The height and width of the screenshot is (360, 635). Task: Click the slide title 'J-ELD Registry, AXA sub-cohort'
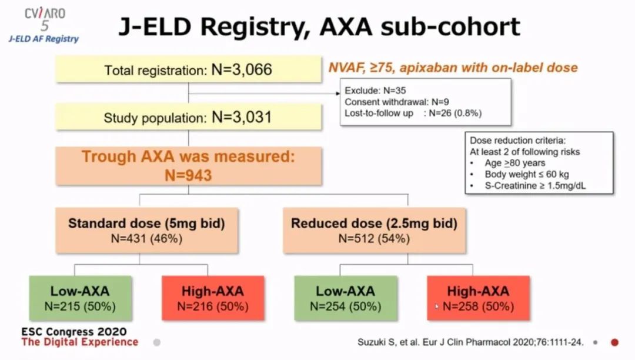pyautogui.click(x=319, y=26)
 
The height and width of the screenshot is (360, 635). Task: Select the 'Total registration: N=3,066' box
pyautogui.click(x=189, y=69)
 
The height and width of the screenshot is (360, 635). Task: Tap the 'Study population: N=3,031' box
pyautogui.click(x=189, y=117)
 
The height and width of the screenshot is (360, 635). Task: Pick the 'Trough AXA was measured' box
pyautogui.click(x=189, y=166)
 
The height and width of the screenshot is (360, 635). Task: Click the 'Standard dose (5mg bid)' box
pyautogui.click(x=146, y=231)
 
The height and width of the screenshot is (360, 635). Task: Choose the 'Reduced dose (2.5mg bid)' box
pyautogui.click(x=374, y=231)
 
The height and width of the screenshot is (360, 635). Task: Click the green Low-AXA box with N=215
pyautogui.click(x=80, y=298)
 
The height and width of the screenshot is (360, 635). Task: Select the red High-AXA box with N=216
pyautogui.click(x=213, y=298)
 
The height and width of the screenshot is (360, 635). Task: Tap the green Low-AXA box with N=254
pyautogui.click(x=346, y=298)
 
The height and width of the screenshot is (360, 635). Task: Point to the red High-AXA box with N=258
pyautogui.click(x=478, y=298)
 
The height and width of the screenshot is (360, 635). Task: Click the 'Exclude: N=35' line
pyautogui.click(x=375, y=91)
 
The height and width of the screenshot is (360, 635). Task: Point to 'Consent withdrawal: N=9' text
pyautogui.click(x=397, y=102)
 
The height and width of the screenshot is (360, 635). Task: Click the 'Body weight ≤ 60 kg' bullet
pyautogui.click(x=527, y=175)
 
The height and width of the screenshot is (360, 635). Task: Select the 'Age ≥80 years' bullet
pyautogui.click(x=514, y=163)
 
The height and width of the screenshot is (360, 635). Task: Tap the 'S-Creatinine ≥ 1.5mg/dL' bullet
pyautogui.click(x=535, y=186)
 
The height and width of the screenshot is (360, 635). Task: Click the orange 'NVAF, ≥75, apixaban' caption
pyautogui.click(x=453, y=68)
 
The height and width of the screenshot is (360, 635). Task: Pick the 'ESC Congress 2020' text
pyautogui.click(x=74, y=332)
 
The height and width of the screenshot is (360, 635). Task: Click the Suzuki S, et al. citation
pyautogui.click(x=470, y=342)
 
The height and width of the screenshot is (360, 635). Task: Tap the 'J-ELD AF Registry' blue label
pyautogui.click(x=44, y=39)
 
